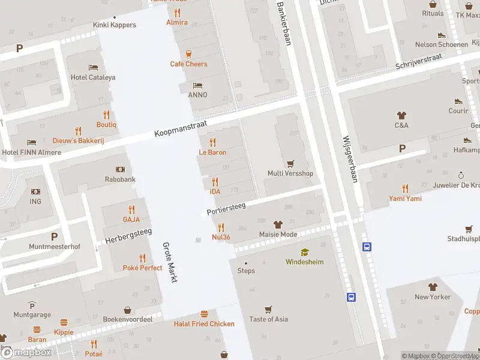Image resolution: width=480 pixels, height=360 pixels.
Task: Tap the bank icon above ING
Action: [35, 191]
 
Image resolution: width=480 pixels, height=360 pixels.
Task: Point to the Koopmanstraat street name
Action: [180, 127]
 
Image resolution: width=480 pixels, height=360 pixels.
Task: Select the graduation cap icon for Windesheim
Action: [305, 252]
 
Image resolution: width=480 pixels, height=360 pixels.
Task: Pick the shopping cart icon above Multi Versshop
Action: [290, 163]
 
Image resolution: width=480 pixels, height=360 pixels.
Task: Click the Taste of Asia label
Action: [268, 319]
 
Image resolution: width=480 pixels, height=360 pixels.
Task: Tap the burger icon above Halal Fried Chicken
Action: [204, 314]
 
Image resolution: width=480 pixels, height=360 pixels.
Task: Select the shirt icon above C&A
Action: [401, 115]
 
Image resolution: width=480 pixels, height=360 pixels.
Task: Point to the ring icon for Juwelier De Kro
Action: [461, 175]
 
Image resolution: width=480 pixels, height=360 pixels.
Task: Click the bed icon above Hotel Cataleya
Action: [93, 67]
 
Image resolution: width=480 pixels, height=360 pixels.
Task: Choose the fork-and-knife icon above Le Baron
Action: [212, 142]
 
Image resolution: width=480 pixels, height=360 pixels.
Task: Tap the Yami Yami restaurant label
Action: [405, 199]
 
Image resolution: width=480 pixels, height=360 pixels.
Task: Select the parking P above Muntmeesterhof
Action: [55, 236]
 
